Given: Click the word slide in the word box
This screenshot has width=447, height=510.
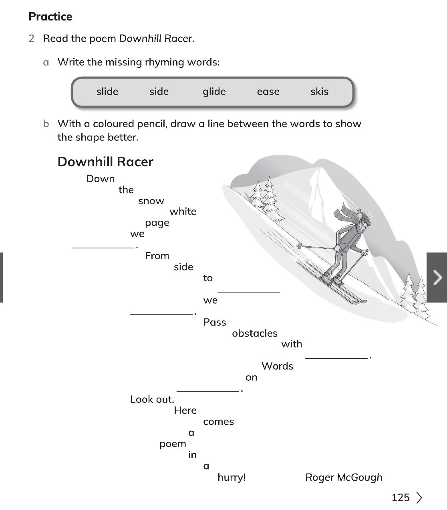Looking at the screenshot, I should (x=107, y=91).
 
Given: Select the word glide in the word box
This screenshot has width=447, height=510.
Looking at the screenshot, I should (x=214, y=91).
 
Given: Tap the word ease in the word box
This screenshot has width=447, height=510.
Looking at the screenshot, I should (x=268, y=91).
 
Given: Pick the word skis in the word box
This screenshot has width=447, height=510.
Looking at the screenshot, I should (x=319, y=91).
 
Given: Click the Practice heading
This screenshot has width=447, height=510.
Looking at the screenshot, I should (x=50, y=16).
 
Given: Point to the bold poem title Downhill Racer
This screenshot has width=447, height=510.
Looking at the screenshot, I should (x=105, y=162).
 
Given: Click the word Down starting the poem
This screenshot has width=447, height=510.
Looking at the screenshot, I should (x=101, y=179).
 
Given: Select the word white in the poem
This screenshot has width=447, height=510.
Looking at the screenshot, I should (x=183, y=211).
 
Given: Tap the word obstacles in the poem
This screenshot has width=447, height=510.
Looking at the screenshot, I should (x=255, y=333).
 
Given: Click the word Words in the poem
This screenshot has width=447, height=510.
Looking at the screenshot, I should (x=277, y=366).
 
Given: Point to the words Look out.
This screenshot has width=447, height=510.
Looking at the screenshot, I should (x=152, y=399).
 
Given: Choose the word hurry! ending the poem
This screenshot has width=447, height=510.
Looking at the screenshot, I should (x=232, y=477).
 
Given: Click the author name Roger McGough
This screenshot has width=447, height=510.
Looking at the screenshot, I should (x=344, y=477).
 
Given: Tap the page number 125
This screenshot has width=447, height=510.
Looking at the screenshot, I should (x=401, y=498).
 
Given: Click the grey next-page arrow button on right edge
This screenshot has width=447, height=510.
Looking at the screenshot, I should (x=437, y=277).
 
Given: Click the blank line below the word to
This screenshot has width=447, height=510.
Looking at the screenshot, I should (x=248, y=291).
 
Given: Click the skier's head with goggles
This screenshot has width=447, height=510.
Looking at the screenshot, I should (x=364, y=224).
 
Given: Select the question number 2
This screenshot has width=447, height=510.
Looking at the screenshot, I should (x=32, y=39).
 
